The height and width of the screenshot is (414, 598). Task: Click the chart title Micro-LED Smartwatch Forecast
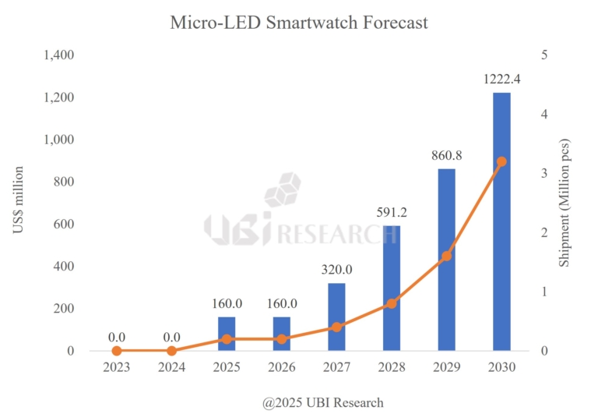coord(299,23)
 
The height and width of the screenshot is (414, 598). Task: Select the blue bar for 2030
coord(501,221)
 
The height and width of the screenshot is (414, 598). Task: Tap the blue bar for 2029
coord(447,260)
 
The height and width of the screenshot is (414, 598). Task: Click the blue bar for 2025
coord(227,334)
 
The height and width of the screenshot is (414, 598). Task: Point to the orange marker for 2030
coord(501,161)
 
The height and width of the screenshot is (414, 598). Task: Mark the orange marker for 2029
coord(447,256)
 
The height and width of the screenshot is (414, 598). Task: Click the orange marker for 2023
coord(117,351)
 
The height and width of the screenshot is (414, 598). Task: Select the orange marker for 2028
coord(392,303)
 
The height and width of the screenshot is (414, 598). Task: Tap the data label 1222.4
coord(501,79)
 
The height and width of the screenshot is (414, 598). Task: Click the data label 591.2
coord(392,211)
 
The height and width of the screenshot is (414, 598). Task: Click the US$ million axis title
coord(19,203)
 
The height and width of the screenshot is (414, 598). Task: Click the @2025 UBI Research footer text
coord(322,402)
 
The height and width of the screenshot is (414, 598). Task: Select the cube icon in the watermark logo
coord(282,189)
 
